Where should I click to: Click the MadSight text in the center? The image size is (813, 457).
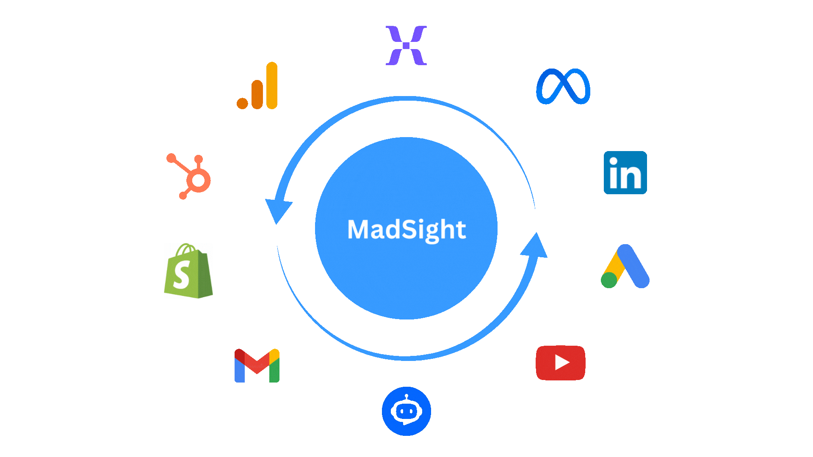[x=406, y=229]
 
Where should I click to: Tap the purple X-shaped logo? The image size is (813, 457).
[x=406, y=45]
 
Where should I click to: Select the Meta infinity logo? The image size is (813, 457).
[x=563, y=86]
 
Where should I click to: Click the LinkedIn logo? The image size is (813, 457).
[x=625, y=173]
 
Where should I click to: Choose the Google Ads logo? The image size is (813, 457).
[x=625, y=267]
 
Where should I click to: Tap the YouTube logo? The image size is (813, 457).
[x=561, y=363]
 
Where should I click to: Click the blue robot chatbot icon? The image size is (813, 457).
[x=406, y=411]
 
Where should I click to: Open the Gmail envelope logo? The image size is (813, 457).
[x=257, y=366]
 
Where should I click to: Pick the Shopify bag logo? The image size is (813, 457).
[x=188, y=271]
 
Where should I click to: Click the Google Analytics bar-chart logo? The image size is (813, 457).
[x=257, y=86]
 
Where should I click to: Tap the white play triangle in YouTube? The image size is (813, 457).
[x=561, y=363]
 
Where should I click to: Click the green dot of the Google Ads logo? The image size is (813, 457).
[x=609, y=280]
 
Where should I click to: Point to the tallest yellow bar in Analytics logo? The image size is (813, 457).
[x=272, y=85]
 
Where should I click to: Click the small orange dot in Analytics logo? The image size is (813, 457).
[x=242, y=103]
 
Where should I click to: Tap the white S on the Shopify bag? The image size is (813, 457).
[x=182, y=274]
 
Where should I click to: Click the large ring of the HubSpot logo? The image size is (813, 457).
[x=198, y=181]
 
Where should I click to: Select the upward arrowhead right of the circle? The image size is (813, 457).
[x=535, y=245]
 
